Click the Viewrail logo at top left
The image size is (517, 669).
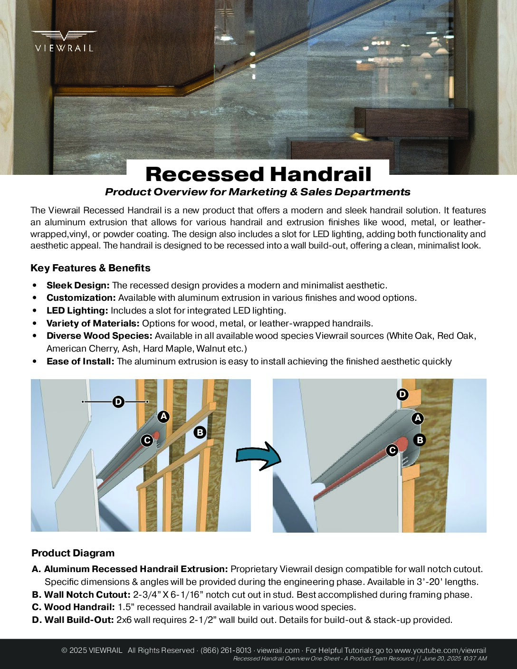click(x=64, y=41)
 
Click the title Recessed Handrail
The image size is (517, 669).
click(x=258, y=174)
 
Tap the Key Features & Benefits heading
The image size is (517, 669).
click(x=90, y=268)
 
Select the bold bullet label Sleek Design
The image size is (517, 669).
click(x=78, y=286)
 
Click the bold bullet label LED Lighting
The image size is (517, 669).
click(x=77, y=311)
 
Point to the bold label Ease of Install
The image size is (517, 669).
click(x=80, y=362)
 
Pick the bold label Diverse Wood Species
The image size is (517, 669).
click(x=99, y=336)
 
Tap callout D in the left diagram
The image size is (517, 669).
click(x=118, y=402)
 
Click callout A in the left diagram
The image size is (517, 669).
click(x=163, y=417)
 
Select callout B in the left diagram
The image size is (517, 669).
click(x=200, y=432)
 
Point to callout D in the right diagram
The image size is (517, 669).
click(x=402, y=394)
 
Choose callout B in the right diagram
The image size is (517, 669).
click(x=420, y=440)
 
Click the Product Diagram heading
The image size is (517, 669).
click(x=73, y=553)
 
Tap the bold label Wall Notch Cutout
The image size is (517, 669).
click(x=87, y=595)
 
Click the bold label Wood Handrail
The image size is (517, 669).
click(x=79, y=607)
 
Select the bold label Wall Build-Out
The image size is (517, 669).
click(x=79, y=620)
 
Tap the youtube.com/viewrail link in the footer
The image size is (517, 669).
click(x=440, y=650)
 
